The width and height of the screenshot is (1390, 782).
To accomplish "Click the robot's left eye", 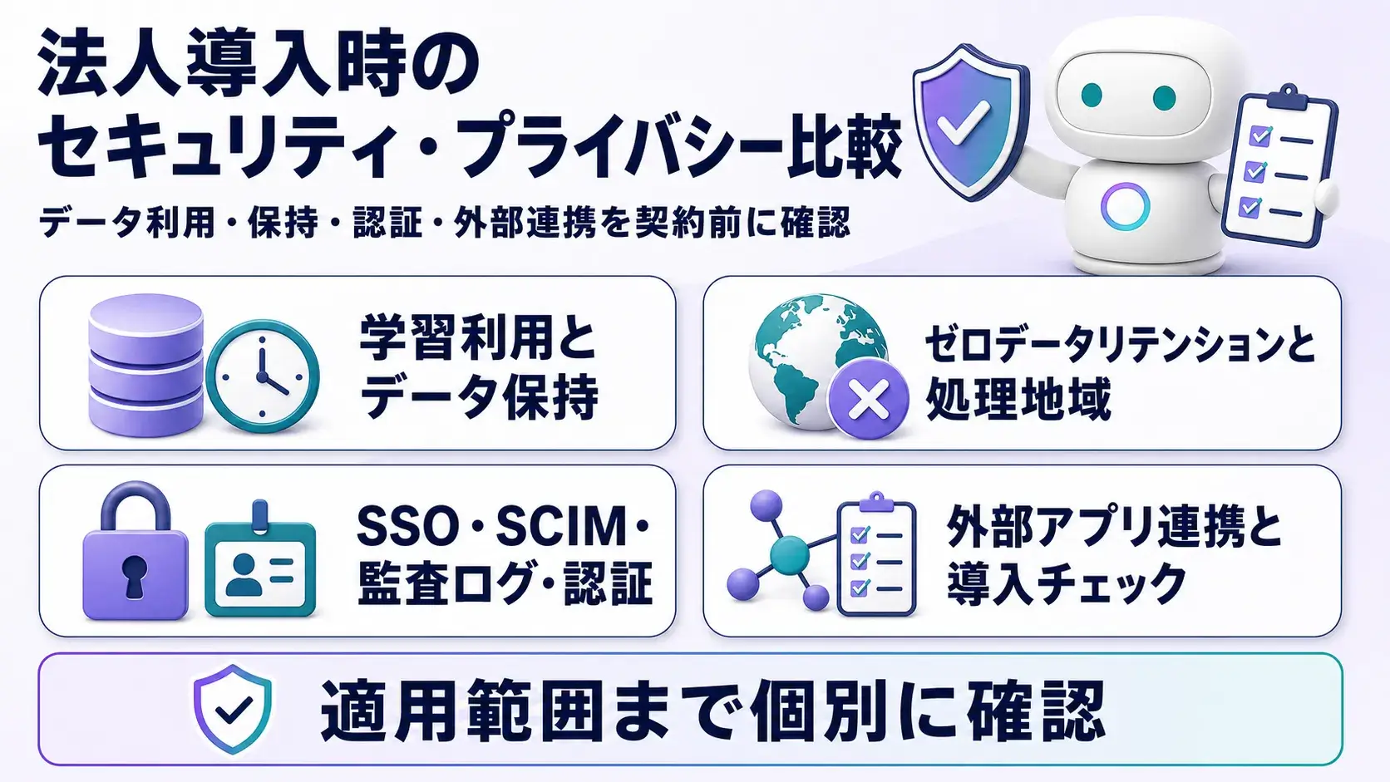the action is [1092, 96].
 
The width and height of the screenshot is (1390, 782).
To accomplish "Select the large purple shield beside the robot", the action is [970, 121].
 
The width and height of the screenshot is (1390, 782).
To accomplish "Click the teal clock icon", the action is [263, 376].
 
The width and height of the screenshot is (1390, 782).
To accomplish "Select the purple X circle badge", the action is [869, 399].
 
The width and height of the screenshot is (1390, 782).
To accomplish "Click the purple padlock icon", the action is [136, 551].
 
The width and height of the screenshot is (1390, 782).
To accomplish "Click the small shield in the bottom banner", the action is [233, 708].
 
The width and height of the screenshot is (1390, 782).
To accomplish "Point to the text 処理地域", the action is [1018, 400].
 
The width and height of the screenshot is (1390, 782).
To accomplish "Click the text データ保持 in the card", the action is [479, 397].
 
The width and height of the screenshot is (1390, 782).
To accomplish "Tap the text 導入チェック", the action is [1066, 583].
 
